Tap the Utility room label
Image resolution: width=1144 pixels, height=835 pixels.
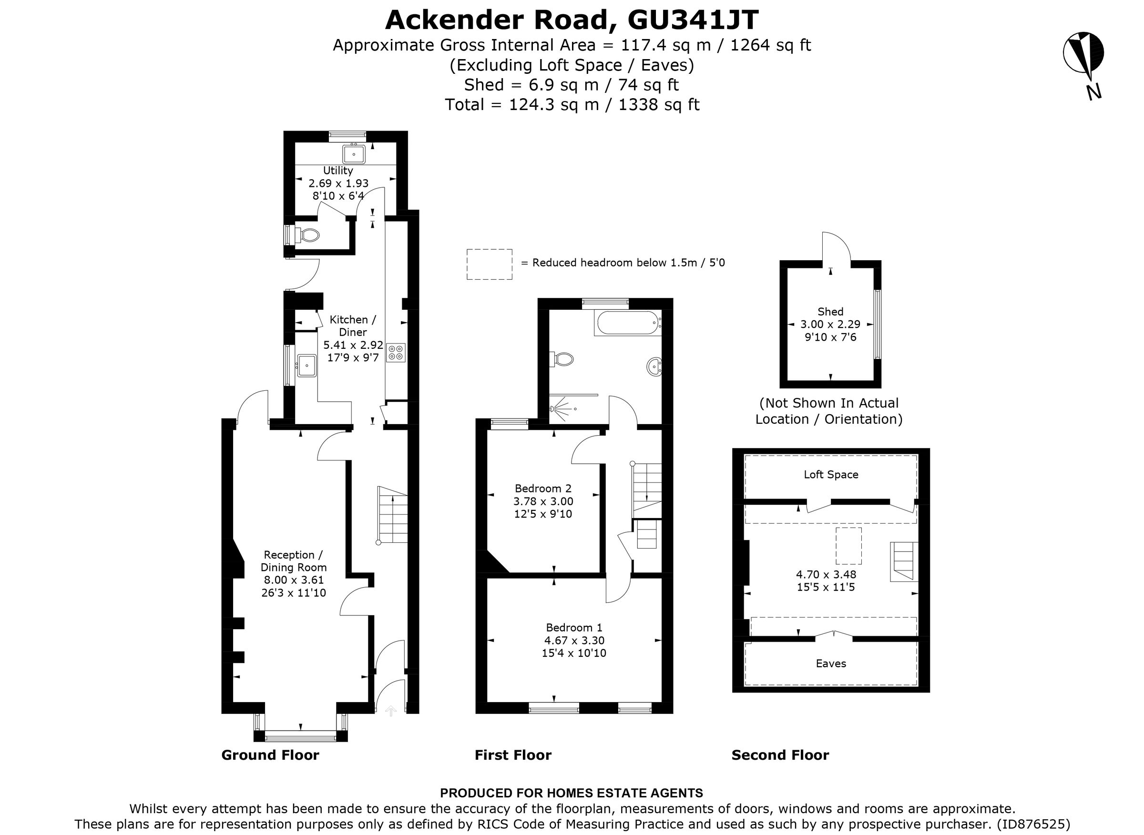click(337, 170)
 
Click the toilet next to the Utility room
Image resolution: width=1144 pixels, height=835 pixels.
click(308, 235)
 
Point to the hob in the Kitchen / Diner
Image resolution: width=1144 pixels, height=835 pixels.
click(396, 353)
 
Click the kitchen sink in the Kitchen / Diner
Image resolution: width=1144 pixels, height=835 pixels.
click(306, 365)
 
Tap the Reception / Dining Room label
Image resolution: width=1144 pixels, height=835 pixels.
click(293, 561)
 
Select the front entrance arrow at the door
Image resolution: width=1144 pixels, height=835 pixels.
click(390, 711)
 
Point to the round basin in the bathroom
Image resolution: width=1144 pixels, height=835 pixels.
click(654, 367)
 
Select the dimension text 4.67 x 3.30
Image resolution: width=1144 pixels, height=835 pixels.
click(574, 641)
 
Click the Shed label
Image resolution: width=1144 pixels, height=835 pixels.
click(830, 311)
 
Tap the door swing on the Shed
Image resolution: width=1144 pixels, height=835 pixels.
click(837, 248)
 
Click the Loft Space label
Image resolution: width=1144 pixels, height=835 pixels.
click(830, 474)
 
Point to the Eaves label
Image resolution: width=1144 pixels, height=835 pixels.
click(830, 663)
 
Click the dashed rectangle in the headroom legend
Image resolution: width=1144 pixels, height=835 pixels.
click(489, 264)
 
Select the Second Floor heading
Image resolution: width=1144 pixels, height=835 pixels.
click(780, 755)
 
